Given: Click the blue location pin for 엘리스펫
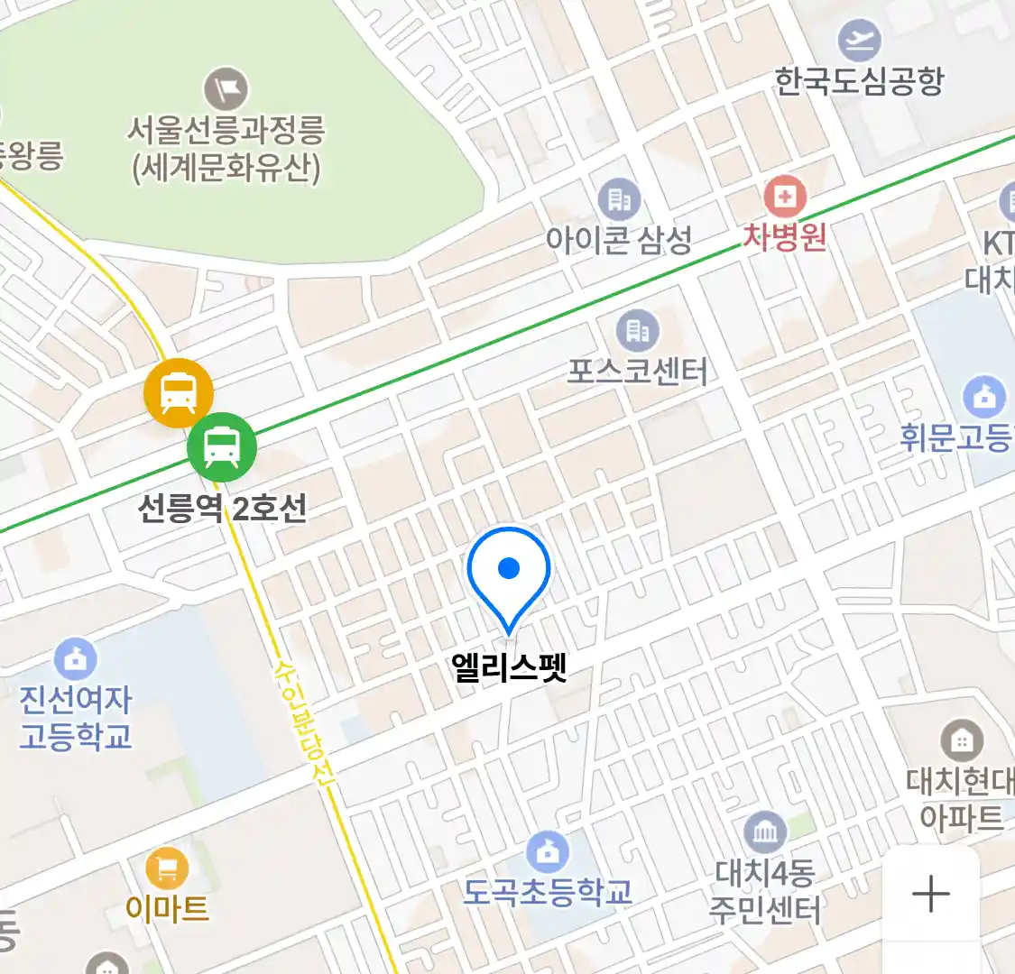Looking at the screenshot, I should click(x=509, y=574).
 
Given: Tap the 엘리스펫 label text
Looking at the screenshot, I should click(x=510, y=667).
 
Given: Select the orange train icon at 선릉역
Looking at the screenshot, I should click(x=179, y=393).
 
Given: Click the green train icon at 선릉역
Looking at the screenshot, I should click(x=222, y=446).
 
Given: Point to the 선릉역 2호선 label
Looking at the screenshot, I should click(x=222, y=509).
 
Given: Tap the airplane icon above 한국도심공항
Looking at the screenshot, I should click(x=858, y=41).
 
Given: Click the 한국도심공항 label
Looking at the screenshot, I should click(x=859, y=82).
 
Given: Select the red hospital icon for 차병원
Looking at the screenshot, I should click(x=784, y=196).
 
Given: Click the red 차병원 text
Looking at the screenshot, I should click(x=784, y=236).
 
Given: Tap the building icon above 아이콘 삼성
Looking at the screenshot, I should click(x=619, y=199).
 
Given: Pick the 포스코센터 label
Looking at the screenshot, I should click(x=637, y=371).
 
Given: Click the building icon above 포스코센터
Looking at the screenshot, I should click(x=637, y=331).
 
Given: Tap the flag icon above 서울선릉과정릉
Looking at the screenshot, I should click(x=226, y=88).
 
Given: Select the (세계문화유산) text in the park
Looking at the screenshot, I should click(x=226, y=169).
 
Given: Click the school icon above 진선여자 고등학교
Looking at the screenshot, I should click(x=76, y=660).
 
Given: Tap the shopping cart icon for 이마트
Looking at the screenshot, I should click(x=167, y=869).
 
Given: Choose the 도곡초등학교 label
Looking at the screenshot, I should click(x=548, y=892).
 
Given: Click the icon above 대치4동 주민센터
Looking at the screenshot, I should click(x=765, y=832).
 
